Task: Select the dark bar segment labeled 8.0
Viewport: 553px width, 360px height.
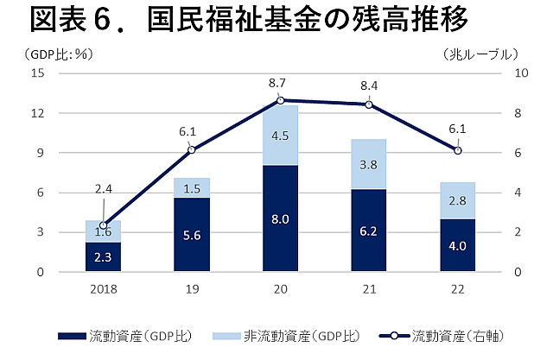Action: click(281, 218)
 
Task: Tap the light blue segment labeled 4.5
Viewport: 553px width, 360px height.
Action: click(281, 135)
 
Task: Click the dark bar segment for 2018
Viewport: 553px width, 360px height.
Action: click(104, 256)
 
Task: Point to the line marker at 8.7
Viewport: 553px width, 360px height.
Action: click(281, 100)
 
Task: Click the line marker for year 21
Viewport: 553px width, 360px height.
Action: click(370, 104)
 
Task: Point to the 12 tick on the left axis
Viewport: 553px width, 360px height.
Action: click(39, 113)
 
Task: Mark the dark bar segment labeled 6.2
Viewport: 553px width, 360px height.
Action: click(370, 231)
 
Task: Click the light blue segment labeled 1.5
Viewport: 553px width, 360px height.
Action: click(192, 188)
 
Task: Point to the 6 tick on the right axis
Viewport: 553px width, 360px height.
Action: click(516, 153)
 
